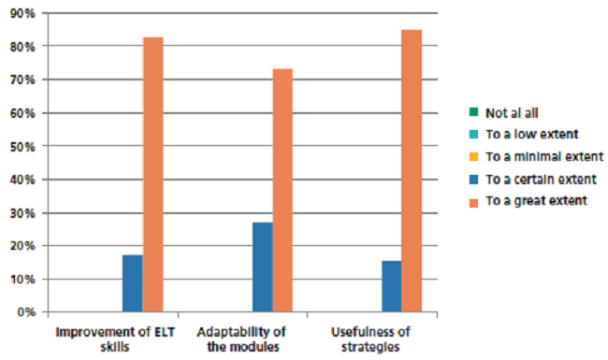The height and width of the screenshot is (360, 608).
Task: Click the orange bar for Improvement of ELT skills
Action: pos(153,174)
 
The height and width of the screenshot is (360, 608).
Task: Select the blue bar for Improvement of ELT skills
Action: pos(133,283)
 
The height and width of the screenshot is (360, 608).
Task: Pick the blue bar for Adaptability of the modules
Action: pos(263,266)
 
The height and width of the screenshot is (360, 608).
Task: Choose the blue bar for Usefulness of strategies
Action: pos(391,286)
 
